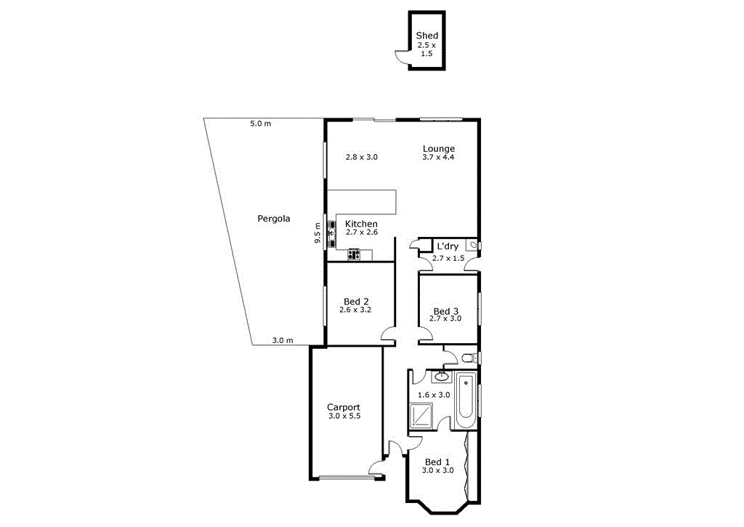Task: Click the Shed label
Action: pyautogui.click(x=426, y=35)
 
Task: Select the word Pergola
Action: pyautogui.click(x=274, y=218)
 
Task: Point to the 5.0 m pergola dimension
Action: pyautogui.click(x=260, y=124)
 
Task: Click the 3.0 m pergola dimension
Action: pyautogui.click(x=282, y=340)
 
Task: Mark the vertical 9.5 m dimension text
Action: pyautogui.click(x=318, y=233)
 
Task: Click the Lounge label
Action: pyautogui.click(x=439, y=149)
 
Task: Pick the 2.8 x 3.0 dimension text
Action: pyautogui.click(x=361, y=157)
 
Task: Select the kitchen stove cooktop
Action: pyautogui.click(x=354, y=254)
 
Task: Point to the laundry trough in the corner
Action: pyautogui.click(x=472, y=246)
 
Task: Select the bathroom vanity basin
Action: pyautogui.click(x=441, y=377)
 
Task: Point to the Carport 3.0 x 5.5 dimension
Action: pyautogui.click(x=343, y=417)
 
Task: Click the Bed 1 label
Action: pyautogui.click(x=437, y=462)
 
